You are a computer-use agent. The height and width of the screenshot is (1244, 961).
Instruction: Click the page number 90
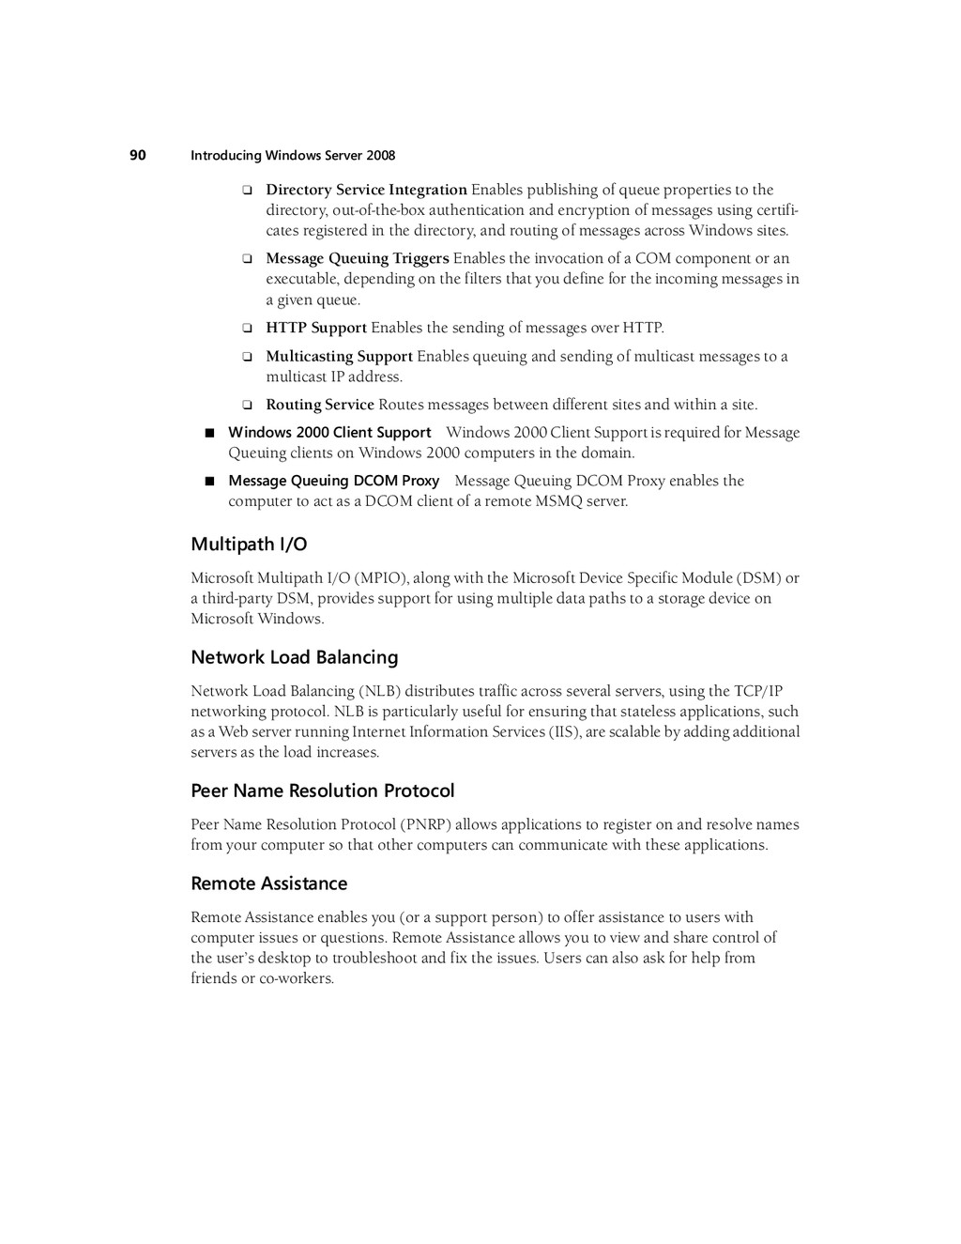[x=138, y=155]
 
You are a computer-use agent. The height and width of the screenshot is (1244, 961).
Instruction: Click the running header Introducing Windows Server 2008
[x=293, y=156]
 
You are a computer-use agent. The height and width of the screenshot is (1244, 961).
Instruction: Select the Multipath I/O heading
[x=249, y=545]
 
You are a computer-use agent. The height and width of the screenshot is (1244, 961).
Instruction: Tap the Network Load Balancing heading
[x=295, y=657]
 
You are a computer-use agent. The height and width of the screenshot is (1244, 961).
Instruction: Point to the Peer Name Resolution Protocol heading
[x=323, y=791]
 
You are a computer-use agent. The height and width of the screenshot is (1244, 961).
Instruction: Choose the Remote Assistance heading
[x=269, y=883]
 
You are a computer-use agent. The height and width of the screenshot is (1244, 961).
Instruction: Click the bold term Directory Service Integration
[x=366, y=190]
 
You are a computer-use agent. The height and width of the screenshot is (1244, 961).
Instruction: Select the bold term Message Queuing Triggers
[x=358, y=258]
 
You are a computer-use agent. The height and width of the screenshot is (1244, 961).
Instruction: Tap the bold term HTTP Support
[x=316, y=328]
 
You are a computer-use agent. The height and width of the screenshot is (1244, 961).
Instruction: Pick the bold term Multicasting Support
[x=339, y=356]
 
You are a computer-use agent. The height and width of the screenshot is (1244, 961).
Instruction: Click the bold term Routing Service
[x=320, y=405]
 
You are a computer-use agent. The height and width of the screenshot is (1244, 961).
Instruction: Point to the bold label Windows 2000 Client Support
[x=329, y=433]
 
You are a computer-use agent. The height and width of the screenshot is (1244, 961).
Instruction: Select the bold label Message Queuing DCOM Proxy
[x=334, y=481]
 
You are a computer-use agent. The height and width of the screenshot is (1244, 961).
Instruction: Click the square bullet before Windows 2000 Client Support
[x=210, y=433]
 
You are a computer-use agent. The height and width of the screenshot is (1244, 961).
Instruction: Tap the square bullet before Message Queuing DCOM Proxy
[x=210, y=481]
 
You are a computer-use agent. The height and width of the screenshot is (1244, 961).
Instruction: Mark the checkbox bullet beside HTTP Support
[x=248, y=329]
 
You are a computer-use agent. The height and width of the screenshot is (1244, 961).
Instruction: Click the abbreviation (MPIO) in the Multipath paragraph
[x=381, y=578]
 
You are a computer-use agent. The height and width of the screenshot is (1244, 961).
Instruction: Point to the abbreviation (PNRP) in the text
[x=426, y=824]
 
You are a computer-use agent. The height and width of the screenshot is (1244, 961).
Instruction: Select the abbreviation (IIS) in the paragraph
[x=565, y=731]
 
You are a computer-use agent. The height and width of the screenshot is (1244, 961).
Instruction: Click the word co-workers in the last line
[x=296, y=978]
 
